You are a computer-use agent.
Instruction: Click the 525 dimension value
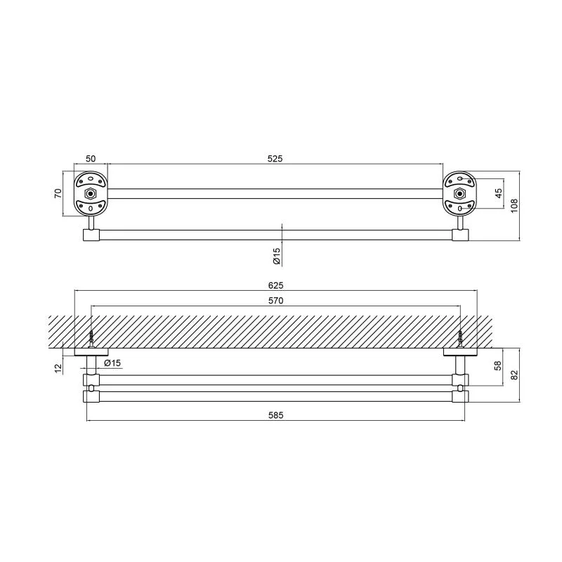click(275, 159)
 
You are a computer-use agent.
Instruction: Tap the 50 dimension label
click(91, 159)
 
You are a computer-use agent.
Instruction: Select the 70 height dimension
click(58, 193)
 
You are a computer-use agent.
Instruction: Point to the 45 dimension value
click(499, 193)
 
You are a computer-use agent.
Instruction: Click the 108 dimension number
click(514, 206)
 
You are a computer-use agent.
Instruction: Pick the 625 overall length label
click(275, 285)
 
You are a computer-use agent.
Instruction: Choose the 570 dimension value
click(275, 301)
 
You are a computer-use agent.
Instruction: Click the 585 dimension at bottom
click(275, 415)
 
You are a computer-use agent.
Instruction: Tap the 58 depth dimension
click(498, 365)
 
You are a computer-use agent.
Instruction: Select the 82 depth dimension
click(514, 375)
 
